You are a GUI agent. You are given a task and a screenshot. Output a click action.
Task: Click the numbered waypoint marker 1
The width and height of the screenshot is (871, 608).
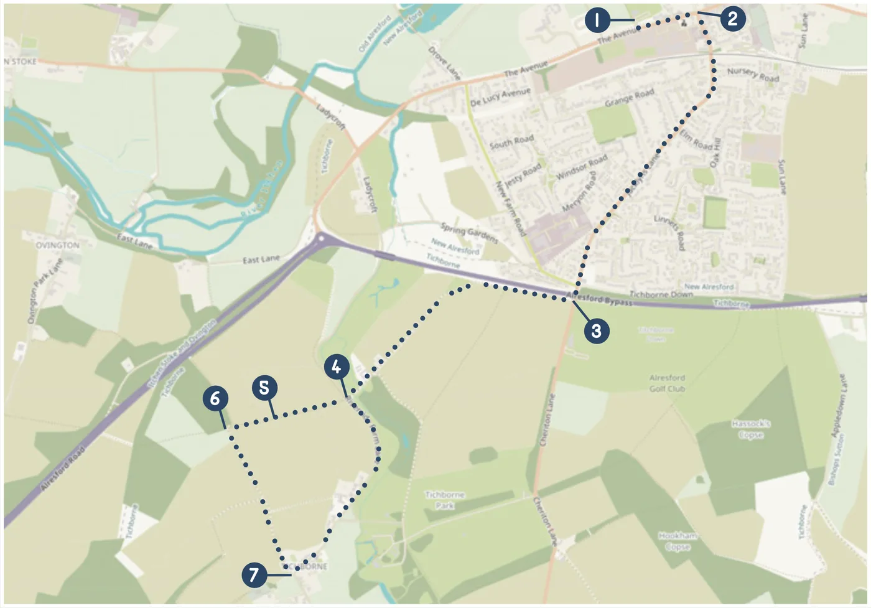[597, 21]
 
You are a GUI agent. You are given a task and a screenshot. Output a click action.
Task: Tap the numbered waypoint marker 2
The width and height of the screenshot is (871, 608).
[732, 19]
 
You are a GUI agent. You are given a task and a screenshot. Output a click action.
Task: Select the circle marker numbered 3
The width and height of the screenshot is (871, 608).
[596, 330]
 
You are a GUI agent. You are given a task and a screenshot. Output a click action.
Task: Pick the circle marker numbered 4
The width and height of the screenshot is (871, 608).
[336, 367]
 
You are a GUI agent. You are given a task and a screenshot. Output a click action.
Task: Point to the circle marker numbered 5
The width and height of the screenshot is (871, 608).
[264, 388]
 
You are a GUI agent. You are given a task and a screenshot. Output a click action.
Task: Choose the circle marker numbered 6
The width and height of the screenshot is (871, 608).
[215, 398]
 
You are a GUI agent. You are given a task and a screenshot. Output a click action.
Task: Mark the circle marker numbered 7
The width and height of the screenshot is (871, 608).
[254, 574]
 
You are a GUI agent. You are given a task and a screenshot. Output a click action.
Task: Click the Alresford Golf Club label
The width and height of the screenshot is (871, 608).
[667, 383]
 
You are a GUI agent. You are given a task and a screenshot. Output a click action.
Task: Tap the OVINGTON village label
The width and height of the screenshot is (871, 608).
[58, 245]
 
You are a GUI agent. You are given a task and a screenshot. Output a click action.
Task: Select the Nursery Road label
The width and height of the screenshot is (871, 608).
[753, 75]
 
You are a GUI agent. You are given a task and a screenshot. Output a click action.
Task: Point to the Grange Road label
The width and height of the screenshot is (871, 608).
[629, 98]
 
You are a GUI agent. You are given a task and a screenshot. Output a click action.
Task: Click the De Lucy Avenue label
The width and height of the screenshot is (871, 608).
[500, 96]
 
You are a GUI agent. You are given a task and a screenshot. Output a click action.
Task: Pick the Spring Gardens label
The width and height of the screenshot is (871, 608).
[469, 233]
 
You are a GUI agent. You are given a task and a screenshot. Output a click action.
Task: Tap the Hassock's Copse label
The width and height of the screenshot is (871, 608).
[751, 429]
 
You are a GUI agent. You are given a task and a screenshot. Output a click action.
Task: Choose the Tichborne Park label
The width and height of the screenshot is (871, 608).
[445, 500]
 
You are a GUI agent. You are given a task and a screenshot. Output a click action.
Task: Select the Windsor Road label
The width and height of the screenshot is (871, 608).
[582, 167]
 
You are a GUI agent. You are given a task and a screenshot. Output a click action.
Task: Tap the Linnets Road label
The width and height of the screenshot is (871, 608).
[670, 232]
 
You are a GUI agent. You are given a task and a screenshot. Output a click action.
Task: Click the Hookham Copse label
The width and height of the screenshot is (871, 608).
[678, 541]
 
